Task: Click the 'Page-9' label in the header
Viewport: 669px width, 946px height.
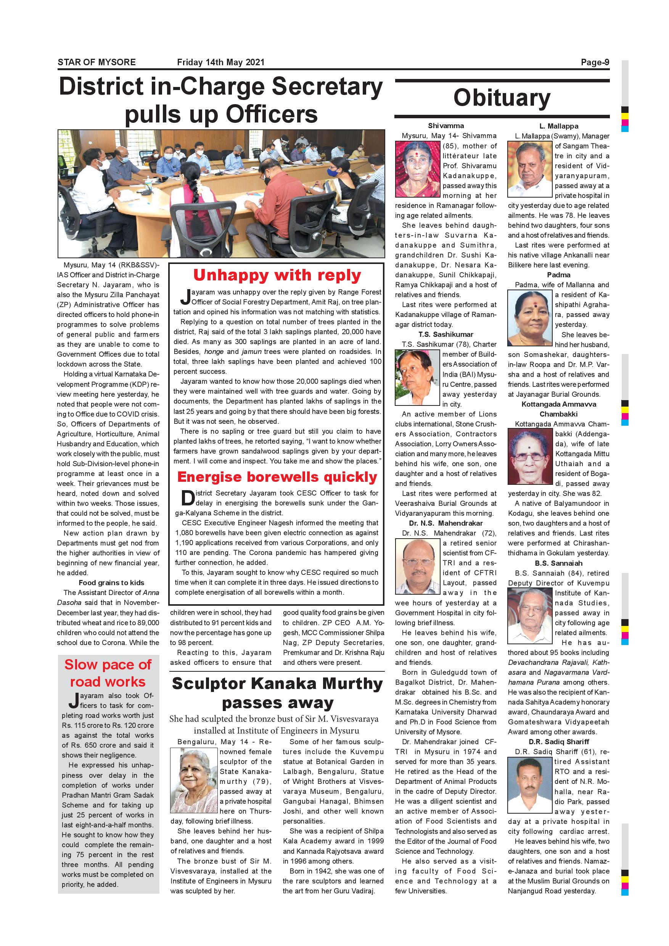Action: (x=595, y=62)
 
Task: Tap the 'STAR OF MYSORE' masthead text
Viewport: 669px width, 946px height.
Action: (x=96, y=62)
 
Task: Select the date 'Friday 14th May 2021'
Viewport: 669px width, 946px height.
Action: (x=220, y=62)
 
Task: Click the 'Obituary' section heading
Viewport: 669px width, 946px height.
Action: (x=502, y=98)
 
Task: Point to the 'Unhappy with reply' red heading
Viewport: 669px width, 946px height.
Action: (x=277, y=275)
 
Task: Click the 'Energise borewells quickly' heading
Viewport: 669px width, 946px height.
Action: (x=277, y=477)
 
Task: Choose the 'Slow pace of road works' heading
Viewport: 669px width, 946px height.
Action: (x=108, y=673)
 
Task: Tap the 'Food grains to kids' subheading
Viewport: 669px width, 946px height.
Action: (x=111, y=582)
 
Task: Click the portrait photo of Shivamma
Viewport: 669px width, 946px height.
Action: (x=417, y=169)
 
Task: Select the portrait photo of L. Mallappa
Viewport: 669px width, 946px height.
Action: (x=530, y=169)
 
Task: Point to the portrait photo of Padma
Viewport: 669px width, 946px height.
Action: (x=530, y=318)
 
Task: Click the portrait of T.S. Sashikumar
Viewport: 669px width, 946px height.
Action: (x=417, y=377)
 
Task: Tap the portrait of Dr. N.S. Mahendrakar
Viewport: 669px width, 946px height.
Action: (x=417, y=566)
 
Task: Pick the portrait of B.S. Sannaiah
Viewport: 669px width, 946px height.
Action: (x=530, y=616)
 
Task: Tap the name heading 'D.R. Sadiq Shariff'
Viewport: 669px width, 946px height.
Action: (x=559, y=742)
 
